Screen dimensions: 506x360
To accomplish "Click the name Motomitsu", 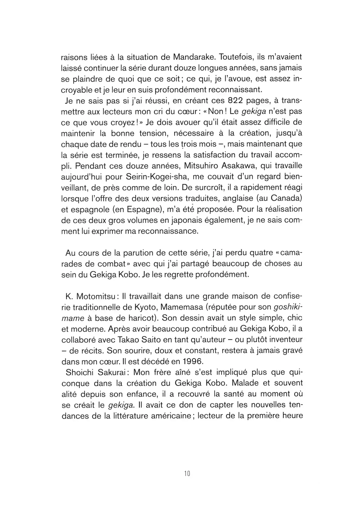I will click(x=95, y=296).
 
